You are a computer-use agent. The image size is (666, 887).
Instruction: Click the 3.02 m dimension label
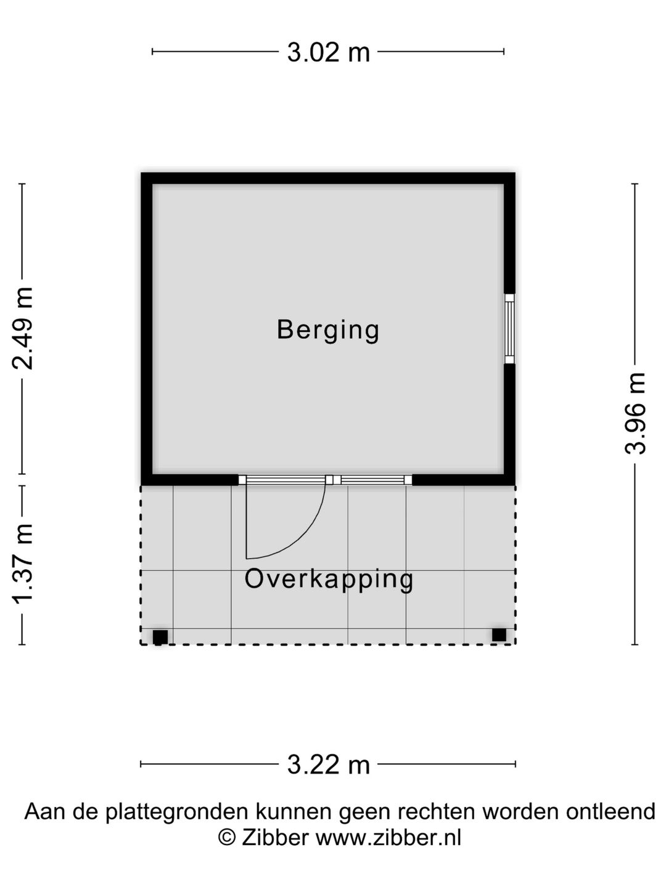click(328, 52)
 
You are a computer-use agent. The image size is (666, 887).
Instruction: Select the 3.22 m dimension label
click(328, 764)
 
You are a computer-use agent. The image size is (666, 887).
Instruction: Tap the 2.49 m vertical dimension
click(23, 328)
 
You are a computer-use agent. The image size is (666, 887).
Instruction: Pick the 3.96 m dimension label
click(635, 413)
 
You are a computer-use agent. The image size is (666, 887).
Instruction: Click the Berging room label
click(327, 330)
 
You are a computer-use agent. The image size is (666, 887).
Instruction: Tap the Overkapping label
click(329, 580)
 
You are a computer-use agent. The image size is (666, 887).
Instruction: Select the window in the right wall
click(509, 329)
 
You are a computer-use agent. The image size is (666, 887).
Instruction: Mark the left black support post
click(160, 637)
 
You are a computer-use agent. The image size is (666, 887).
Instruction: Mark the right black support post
click(499, 634)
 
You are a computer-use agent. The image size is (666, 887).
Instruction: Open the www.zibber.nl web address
click(388, 838)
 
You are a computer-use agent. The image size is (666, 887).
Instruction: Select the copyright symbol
click(228, 838)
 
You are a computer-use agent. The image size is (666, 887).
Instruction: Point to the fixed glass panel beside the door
click(376, 480)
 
